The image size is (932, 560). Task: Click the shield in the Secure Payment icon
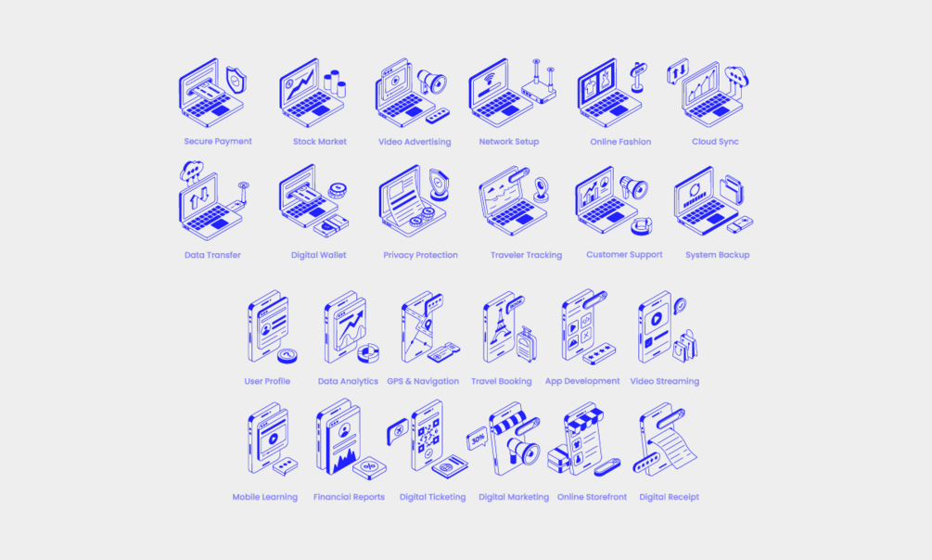[236, 81]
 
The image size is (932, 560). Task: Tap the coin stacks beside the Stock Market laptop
[335, 83]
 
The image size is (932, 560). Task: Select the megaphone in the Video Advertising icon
[431, 82]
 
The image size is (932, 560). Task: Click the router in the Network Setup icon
[539, 89]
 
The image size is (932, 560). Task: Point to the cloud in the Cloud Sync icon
[736, 76]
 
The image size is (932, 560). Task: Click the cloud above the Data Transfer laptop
[192, 171]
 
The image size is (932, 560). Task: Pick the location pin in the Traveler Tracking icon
[541, 190]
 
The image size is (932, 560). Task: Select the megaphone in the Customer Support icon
[633, 188]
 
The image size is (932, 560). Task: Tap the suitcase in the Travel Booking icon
[526, 344]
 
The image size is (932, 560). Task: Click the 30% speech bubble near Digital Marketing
[478, 439]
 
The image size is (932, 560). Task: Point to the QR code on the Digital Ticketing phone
[428, 435]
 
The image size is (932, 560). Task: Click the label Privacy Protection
[420, 255]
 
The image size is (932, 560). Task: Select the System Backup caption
[718, 255]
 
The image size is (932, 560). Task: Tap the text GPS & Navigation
[423, 381]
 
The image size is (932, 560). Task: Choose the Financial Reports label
[349, 497]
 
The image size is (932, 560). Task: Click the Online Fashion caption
[620, 142]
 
